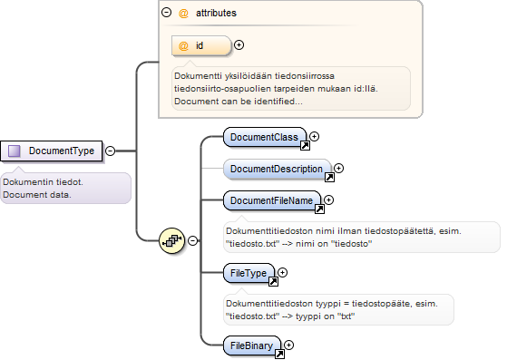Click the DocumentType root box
(52, 151)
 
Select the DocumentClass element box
(265, 137)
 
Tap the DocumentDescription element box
(278, 169)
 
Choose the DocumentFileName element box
(272, 200)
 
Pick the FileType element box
(249, 273)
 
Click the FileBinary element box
(252, 345)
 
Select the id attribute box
(201, 45)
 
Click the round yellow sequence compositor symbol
(172, 240)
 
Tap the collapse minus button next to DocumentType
(111, 151)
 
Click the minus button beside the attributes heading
(166, 13)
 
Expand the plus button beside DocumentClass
(315, 136)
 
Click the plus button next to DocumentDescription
(338, 168)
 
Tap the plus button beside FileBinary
(288, 345)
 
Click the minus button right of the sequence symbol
(192, 240)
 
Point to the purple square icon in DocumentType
(15, 151)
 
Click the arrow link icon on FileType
(273, 281)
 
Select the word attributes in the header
(216, 13)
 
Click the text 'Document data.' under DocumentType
(37, 195)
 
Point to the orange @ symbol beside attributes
(183, 14)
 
